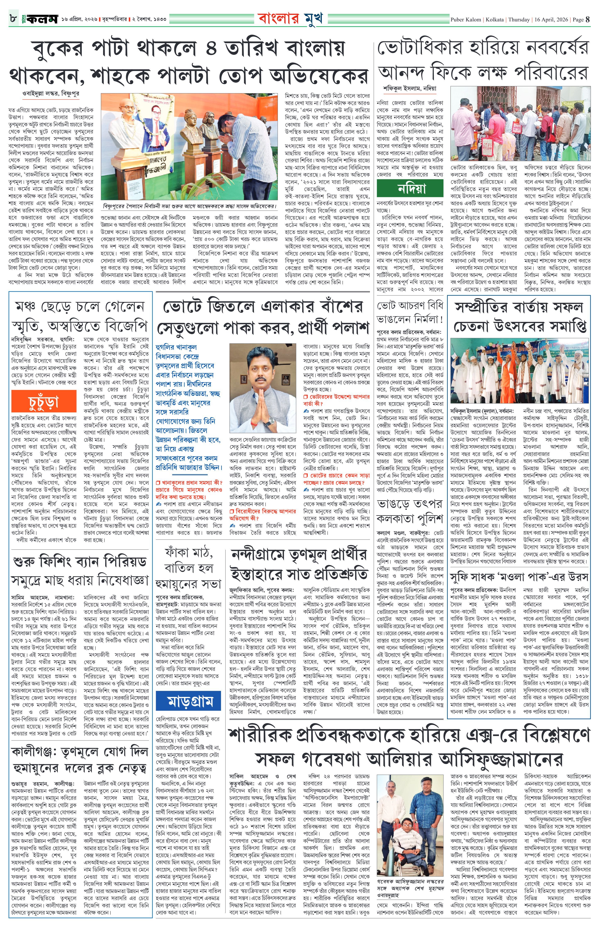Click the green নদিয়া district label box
point(411,189)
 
